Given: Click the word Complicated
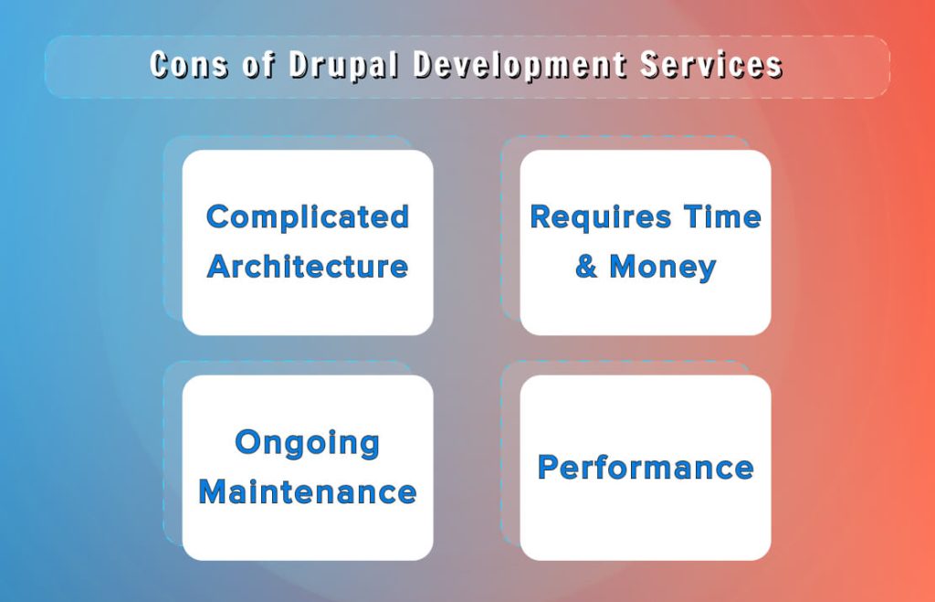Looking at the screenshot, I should coord(308,217).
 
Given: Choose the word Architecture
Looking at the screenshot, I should coord(308,267).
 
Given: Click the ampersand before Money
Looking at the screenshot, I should coord(586,267).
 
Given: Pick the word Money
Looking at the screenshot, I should coord(662,267).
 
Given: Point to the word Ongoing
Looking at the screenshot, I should coord(308,444).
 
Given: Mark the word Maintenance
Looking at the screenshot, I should coord(308,492).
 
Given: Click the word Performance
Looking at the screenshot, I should coord(646,468).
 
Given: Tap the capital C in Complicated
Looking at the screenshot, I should coord(217,217).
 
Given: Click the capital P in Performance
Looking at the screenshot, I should coord(548,468).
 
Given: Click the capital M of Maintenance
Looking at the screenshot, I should coord(214,492).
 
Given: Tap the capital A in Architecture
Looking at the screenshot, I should coord(220,267).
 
